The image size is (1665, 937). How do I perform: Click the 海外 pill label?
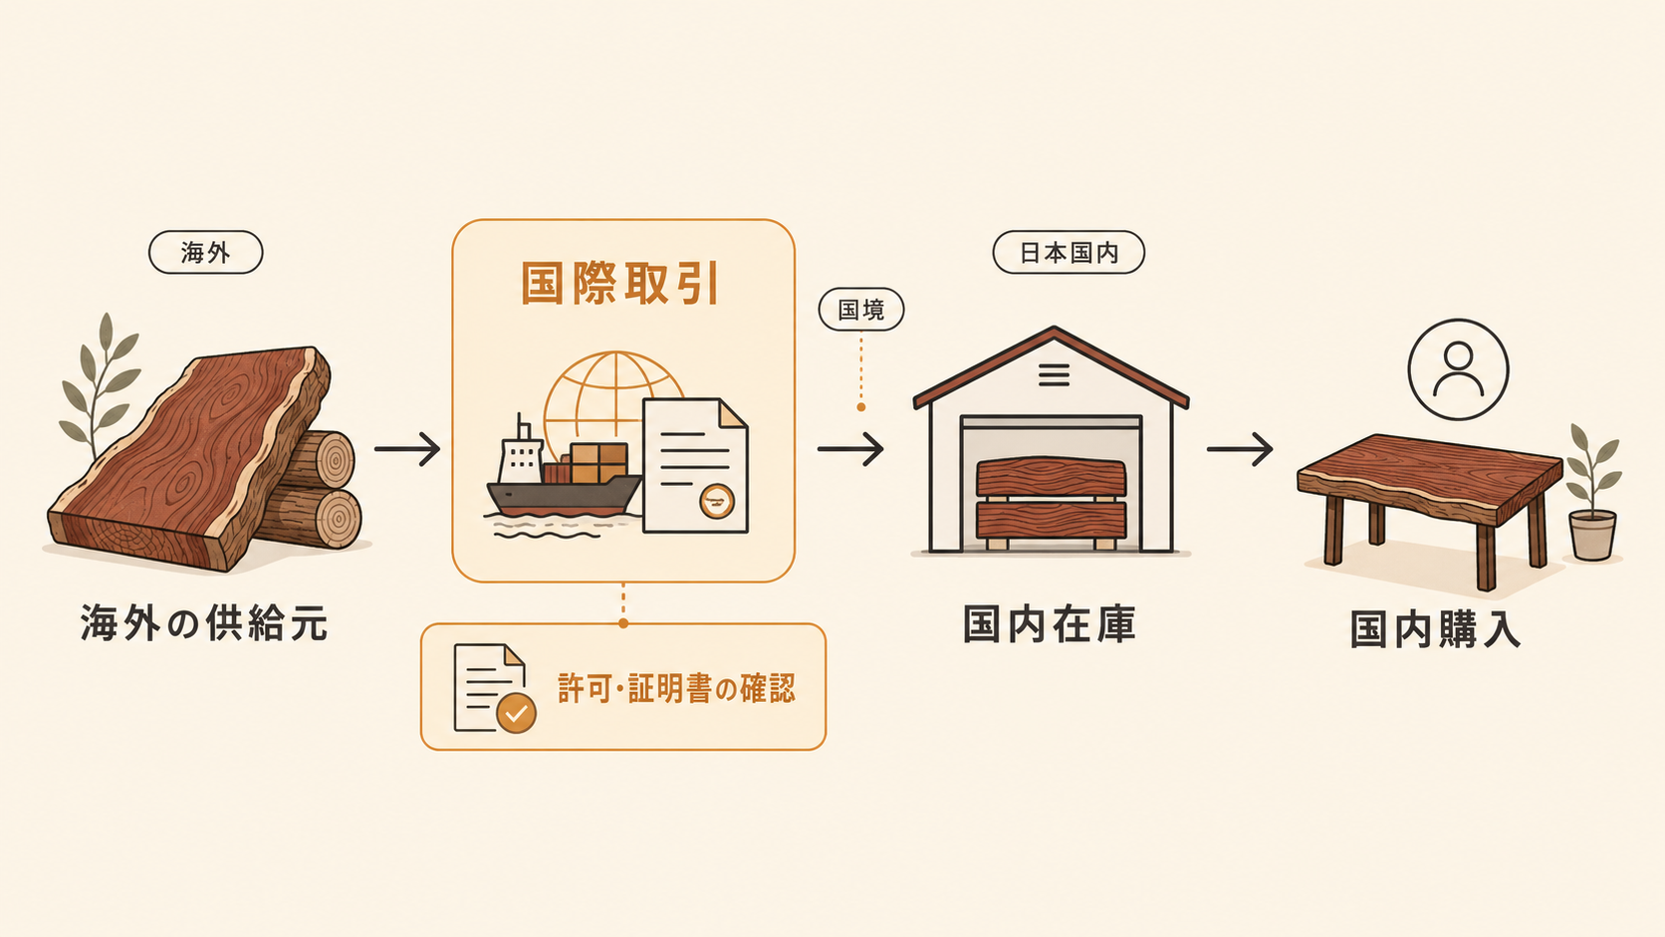tap(206, 253)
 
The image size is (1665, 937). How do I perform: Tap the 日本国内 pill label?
tap(1069, 253)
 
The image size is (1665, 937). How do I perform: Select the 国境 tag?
tap(860, 309)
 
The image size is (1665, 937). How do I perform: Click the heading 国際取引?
tap(619, 284)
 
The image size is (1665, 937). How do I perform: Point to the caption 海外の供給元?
tap(204, 622)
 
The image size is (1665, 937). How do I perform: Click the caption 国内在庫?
tap(1050, 624)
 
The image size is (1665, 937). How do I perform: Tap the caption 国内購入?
tap(1435, 630)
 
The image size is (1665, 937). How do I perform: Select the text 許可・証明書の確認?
tap(676, 688)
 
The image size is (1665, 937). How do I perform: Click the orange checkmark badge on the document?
tap(516, 713)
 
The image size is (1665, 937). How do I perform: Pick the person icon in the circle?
tap(1458, 370)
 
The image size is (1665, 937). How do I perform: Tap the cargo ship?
tap(564, 476)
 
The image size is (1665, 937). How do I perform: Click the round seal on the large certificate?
tap(717, 502)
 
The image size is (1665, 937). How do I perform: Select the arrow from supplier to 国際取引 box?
tap(407, 449)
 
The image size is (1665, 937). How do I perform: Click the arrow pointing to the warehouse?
tap(850, 449)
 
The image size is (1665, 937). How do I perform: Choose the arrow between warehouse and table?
tap(1240, 449)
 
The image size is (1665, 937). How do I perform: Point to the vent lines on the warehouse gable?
tap(1054, 375)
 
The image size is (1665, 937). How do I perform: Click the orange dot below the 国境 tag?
tap(860, 407)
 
